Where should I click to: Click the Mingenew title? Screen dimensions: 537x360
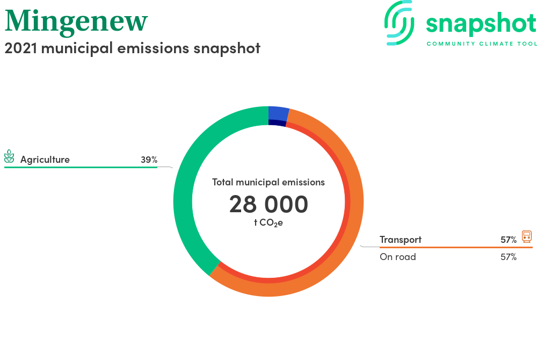[x=76, y=22]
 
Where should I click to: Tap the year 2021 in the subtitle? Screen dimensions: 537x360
[x=20, y=48]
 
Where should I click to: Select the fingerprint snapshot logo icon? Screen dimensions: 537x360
[x=399, y=23]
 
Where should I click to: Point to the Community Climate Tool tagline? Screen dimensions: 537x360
[x=482, y=44]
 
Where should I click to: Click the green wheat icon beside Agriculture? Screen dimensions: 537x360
[x=9, y=156]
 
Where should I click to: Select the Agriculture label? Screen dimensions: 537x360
[x=45, y=160]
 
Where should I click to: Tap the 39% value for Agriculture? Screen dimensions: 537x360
[x=149, y=160]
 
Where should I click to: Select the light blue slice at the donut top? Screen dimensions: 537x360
[x=278, y=113]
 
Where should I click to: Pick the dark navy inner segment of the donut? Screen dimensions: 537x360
[x=277, y=123]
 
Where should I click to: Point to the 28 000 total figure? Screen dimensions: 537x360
[x=268, y=204]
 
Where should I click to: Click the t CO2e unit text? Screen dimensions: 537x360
[x=268, y=223]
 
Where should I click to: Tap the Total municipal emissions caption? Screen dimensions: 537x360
[x=268, y=182]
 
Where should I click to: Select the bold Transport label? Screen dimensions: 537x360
[x=401, y=240]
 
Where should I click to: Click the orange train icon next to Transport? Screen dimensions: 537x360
[x=527, y=237]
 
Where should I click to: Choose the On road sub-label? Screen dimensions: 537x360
[x=397, y=257]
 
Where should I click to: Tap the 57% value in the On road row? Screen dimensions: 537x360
[x=509, y=257]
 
